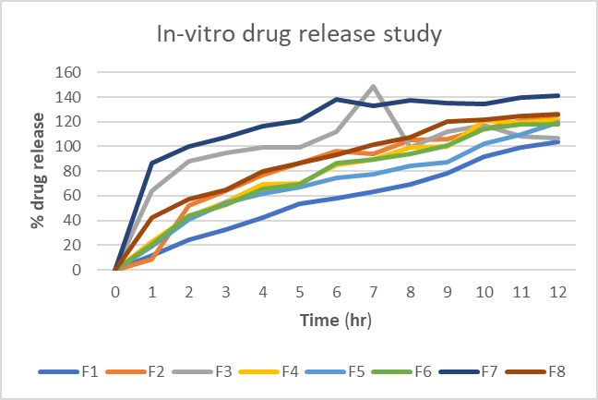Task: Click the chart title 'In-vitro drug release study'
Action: (298, 36)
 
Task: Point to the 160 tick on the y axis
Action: (85, 72)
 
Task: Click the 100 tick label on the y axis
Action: (85, 146)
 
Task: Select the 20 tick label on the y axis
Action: (89, 245)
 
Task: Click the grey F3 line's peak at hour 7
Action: (373, 86)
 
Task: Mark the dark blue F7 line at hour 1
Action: (152, 163)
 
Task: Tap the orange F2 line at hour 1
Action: (152, 260)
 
